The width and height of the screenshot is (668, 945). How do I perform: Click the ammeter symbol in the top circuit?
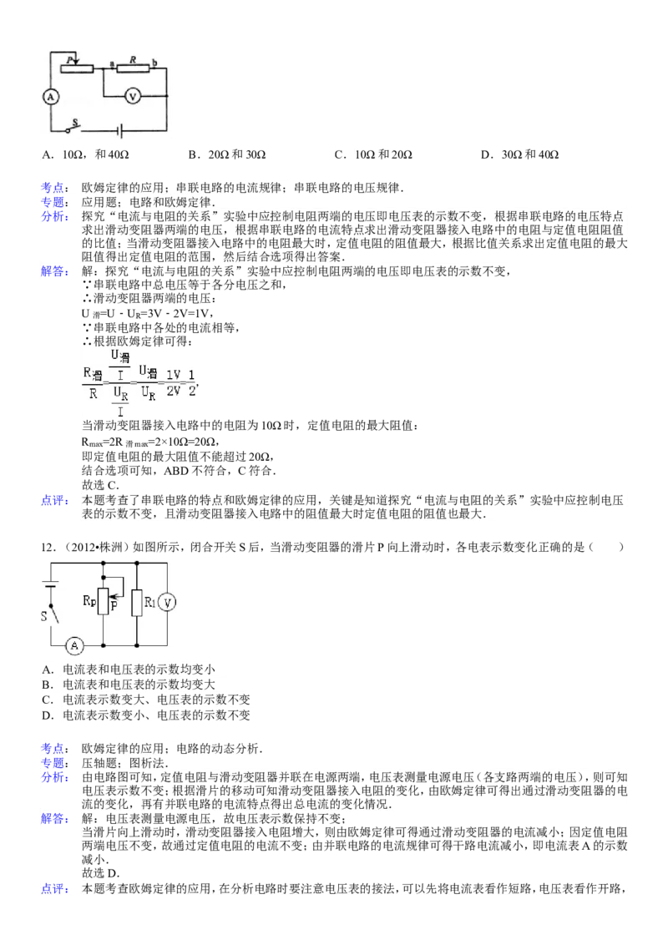[x=51, y=97]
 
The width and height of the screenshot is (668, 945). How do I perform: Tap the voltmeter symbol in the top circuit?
[x=133, y=96]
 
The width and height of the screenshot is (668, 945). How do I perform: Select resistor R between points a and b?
[x=133, y=68]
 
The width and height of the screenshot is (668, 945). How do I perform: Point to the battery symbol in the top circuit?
[x=120, y=130]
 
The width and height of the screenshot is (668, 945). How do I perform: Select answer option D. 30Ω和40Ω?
[x=519, y=155]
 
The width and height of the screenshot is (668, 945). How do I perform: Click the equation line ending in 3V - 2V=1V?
[x=148, y=313]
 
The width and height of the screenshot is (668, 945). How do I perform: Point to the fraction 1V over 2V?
[x=173, y=383]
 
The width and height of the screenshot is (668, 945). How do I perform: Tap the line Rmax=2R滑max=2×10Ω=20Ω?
[x=149, y=442]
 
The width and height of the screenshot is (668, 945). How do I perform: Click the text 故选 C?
[x=100, y=484]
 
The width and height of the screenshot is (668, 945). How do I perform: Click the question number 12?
[x=48, y=548]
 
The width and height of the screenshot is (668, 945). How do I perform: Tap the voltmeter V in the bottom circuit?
[x=167, y=603]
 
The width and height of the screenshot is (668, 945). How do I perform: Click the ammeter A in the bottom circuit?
[x=74, y=645]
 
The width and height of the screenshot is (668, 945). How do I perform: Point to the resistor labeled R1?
[x=137, y=603]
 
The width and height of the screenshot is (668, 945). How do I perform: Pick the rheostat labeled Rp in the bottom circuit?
[x=104, y=600]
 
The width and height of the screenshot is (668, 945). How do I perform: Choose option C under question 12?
[x=145, y=700]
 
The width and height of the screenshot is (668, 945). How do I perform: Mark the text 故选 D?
[x=101, y=873]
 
